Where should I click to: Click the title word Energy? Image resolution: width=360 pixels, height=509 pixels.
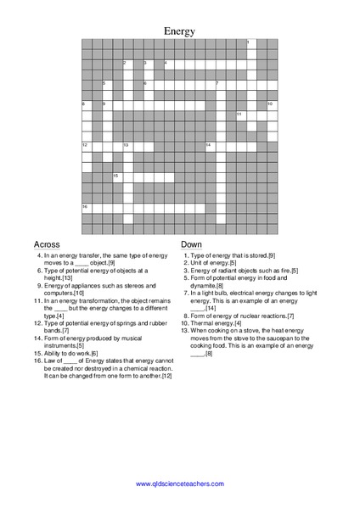pyautogui.click(x=179, y=31)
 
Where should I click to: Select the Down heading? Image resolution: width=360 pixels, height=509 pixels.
pyautogui.click(x=191, y=243)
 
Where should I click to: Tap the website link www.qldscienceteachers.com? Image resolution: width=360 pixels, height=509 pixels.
pyautogui.click(x=179, y=483)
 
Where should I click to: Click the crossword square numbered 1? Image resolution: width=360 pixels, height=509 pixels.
pyautogui.click(x=250, y=43)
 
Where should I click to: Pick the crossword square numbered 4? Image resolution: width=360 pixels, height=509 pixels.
pyautogui.click(x=168, y=64)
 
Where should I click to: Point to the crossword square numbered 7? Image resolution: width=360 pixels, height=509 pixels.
pyautogui.click(x=219, y=84)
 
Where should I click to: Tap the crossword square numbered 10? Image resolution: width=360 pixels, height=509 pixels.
pyautogui.click(x=271, y=105)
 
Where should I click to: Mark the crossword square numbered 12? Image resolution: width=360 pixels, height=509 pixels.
pyautogui.click(x=86, y=146)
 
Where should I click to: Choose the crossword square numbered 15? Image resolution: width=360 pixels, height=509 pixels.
pyautogui.click(x=116, y=176)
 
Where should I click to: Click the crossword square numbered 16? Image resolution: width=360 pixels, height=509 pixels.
pyautogui.click(x=86, y=208)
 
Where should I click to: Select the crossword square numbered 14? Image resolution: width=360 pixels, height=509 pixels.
pyautogui.click(x=209, y=146)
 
